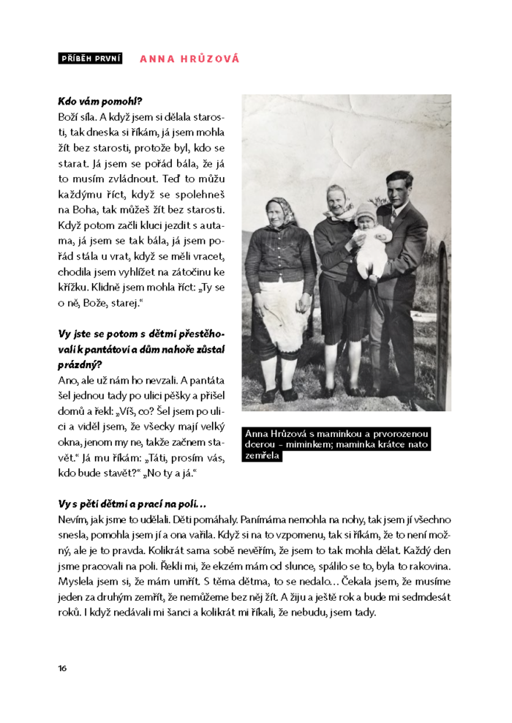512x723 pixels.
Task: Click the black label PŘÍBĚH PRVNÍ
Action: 90,59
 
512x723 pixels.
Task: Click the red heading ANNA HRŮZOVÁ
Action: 189,59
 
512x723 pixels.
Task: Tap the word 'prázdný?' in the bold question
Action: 79,364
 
